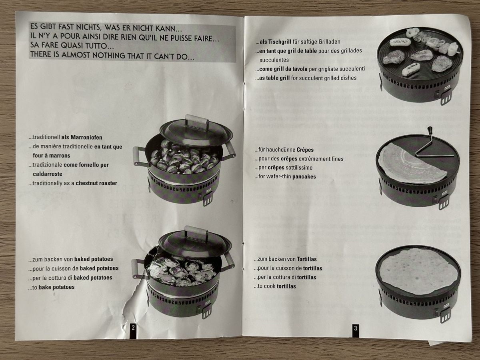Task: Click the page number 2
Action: coord(133,328)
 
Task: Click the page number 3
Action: coord(356,328)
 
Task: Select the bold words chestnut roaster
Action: coord(96,183)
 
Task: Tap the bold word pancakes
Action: coord(304,177)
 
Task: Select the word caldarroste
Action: coord(48,174)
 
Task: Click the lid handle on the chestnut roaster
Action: coord(197,122)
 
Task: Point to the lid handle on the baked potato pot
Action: coord(196,234)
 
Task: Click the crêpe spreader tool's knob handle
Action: coord(429,130)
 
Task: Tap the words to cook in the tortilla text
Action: coord(267,286)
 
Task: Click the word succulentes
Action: coord(274,60)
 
